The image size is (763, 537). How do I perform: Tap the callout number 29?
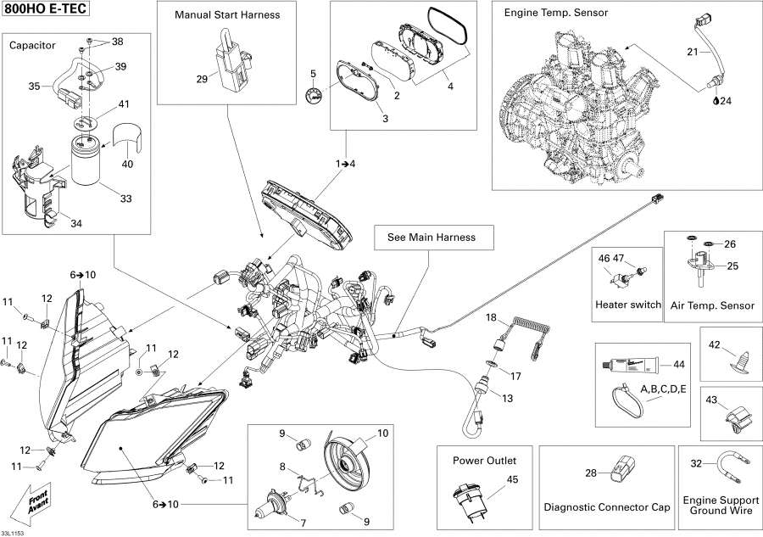[x=202, y=79]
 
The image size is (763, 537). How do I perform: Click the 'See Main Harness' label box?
[x=432, y=238]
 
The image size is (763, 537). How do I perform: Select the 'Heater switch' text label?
[x=627, y=305]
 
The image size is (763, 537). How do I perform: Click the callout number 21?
[x=692, y=53]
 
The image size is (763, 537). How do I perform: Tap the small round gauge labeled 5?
[x=315, y=95]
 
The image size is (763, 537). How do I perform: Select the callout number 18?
[x=490, y=317]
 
